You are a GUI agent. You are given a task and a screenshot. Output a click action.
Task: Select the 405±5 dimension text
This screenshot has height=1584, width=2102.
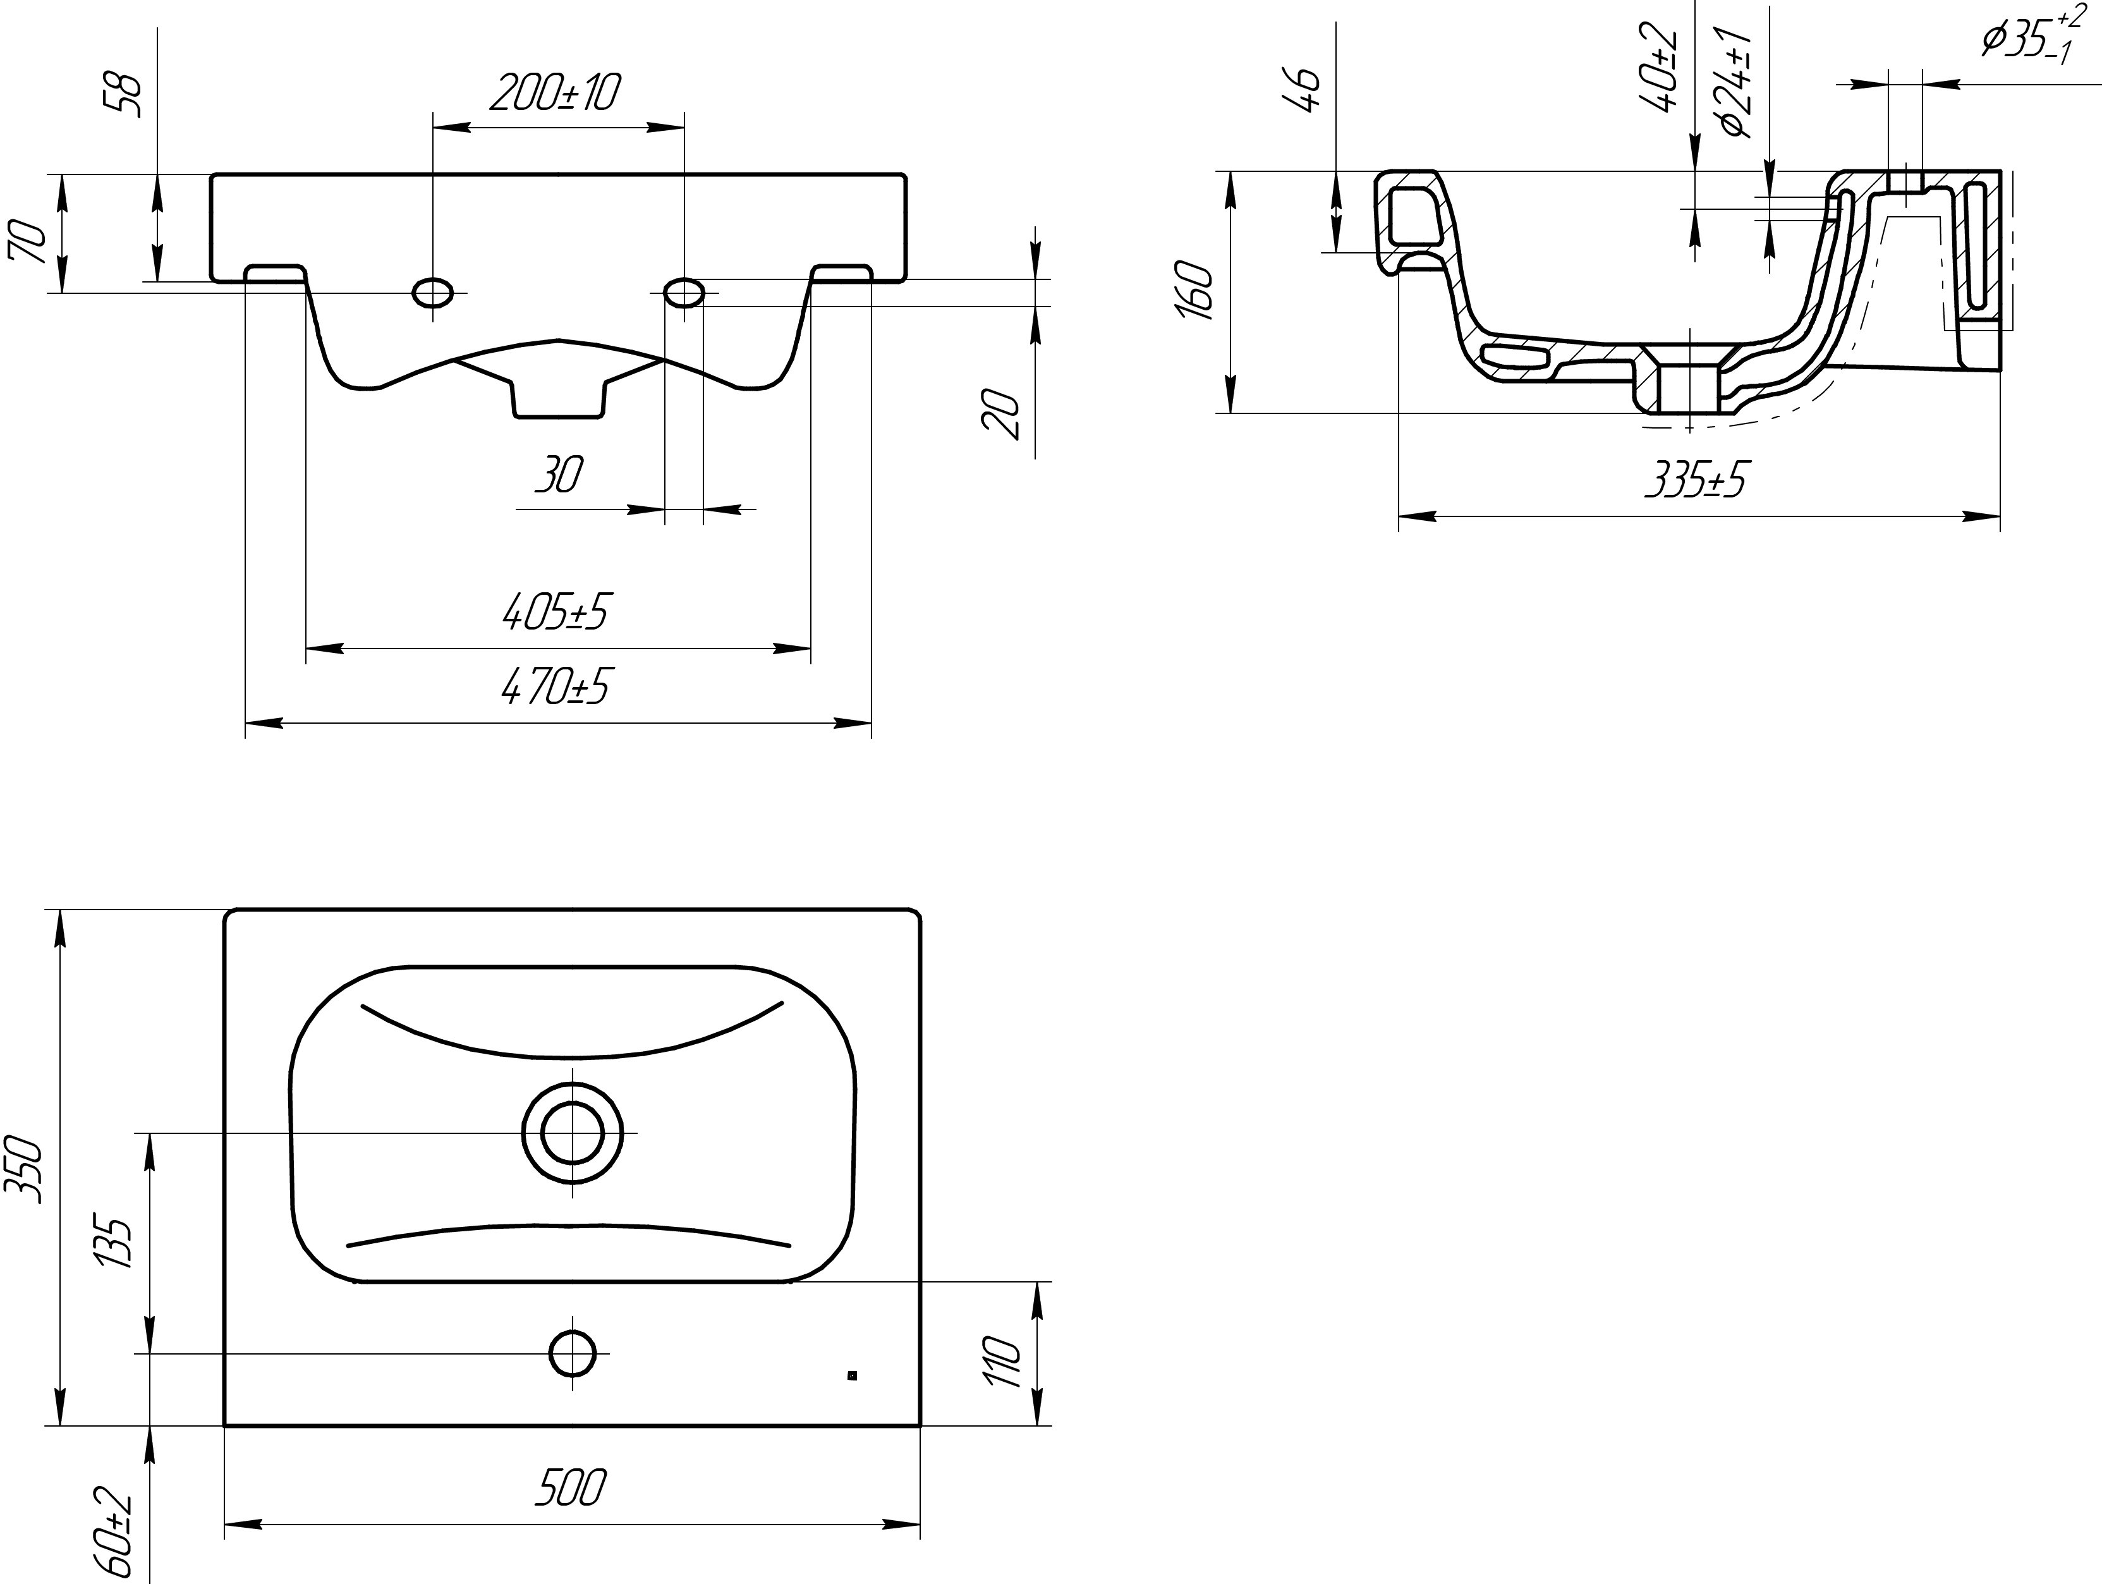[556, 612]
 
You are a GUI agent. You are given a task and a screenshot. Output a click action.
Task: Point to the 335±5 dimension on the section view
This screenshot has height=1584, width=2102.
[1696, 482]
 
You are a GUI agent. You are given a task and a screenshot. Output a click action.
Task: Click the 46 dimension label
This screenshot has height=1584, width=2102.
[1308, 90]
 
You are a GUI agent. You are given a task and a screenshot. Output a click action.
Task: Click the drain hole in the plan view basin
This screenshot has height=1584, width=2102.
[573, 1133]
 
